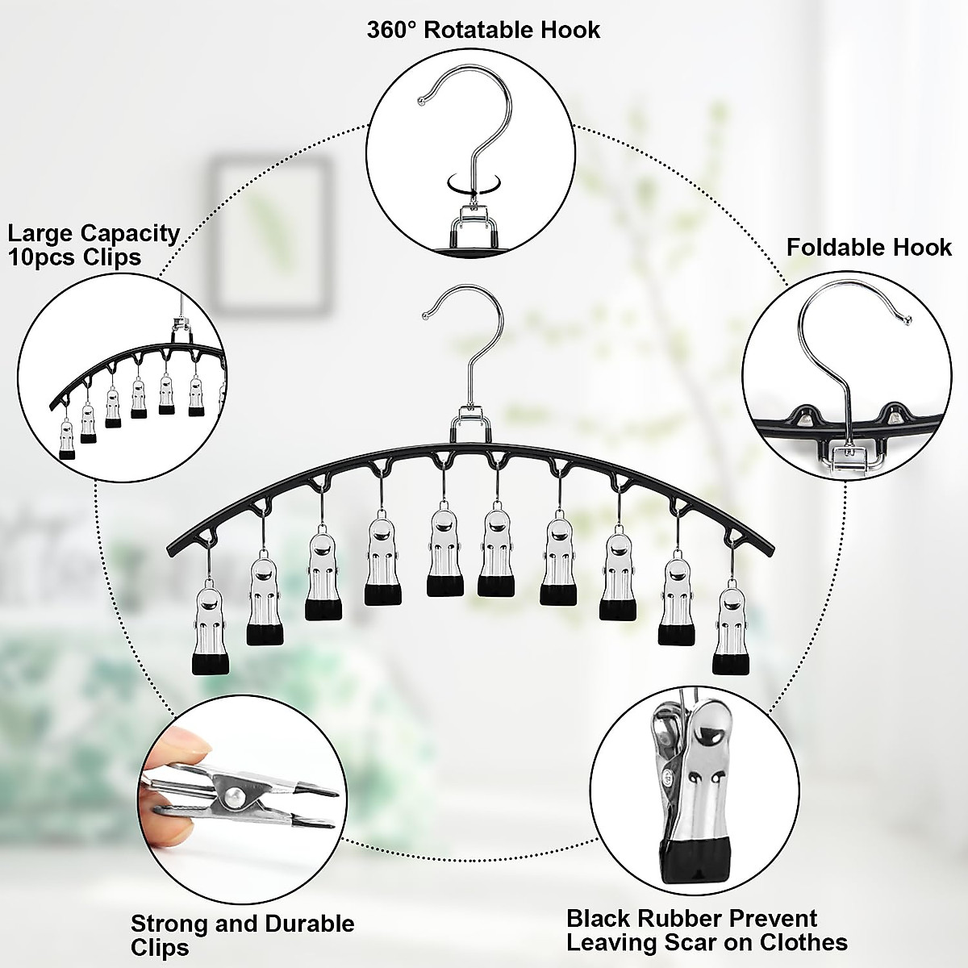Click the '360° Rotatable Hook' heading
point(483,31)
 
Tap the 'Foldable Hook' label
point(869,246)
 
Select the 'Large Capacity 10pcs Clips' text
point(94,244)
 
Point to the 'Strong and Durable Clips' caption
point(242,935)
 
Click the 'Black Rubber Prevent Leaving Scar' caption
point(707,929)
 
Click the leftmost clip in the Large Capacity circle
point(67,440)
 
